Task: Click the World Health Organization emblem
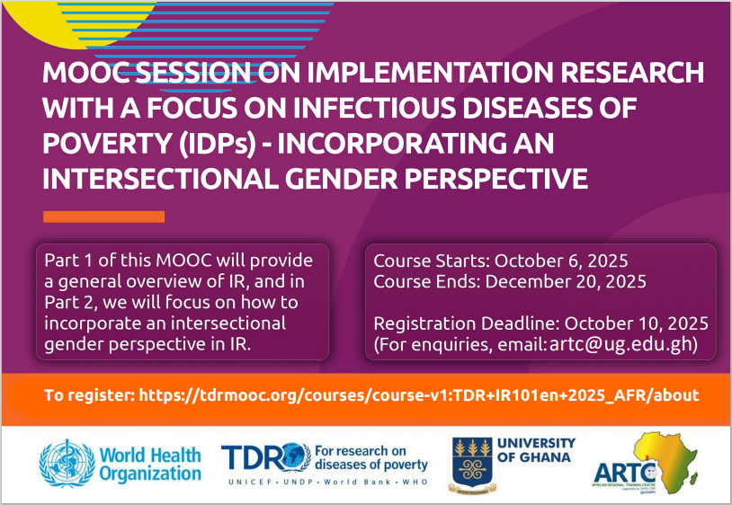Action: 67,463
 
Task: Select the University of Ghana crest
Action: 470,464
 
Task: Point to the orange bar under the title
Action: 103,217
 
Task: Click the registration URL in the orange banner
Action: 418,395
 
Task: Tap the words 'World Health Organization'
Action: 150,464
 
